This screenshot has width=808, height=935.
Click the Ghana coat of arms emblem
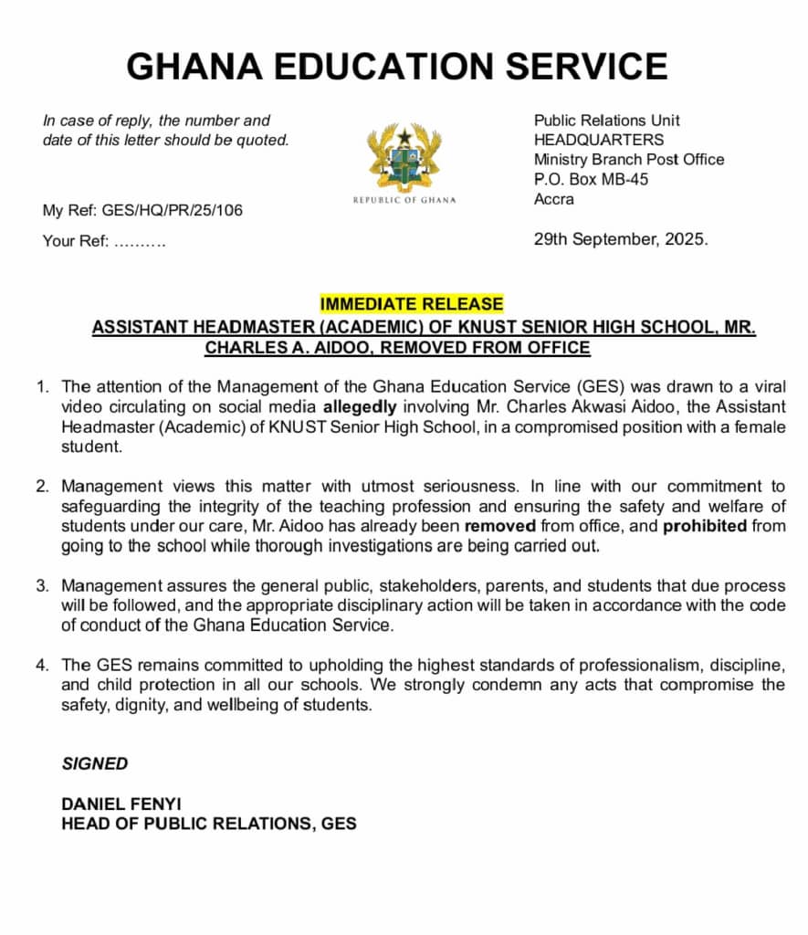coord(404,155)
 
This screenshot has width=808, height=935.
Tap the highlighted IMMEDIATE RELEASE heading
coord(411,304)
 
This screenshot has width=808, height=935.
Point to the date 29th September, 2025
coord(621,240)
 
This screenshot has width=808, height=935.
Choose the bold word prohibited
coord(705,526)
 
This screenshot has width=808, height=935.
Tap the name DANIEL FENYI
coord(121,804)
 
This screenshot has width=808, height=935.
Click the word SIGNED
coord(95,764)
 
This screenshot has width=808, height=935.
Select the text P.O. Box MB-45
coord(591,179)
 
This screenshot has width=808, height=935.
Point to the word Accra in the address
coord(554,199)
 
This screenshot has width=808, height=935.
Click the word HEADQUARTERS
coord(599,140)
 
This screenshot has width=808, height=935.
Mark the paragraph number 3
coord(42,585)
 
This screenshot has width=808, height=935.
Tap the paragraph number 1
coord(42,387)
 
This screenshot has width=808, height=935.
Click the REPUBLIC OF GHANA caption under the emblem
coord(404,199)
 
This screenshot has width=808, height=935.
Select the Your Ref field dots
coord(140,242)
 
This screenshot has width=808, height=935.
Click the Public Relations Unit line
coord(606,120)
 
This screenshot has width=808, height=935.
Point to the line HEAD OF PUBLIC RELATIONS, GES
coord(208,824)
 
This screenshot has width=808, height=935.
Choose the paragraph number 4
coord(42,665)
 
